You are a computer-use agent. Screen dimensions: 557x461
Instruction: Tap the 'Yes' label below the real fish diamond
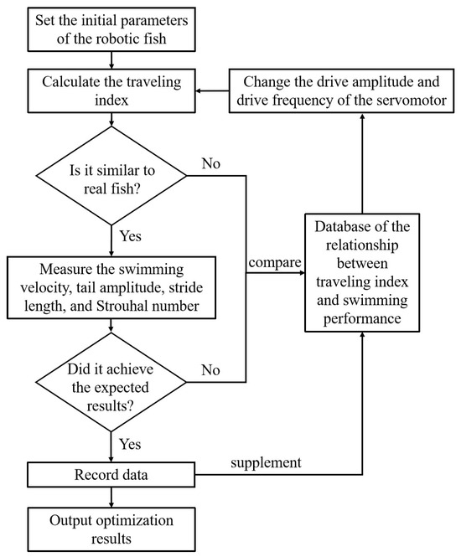pyautogui.click(x=132, y=235)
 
